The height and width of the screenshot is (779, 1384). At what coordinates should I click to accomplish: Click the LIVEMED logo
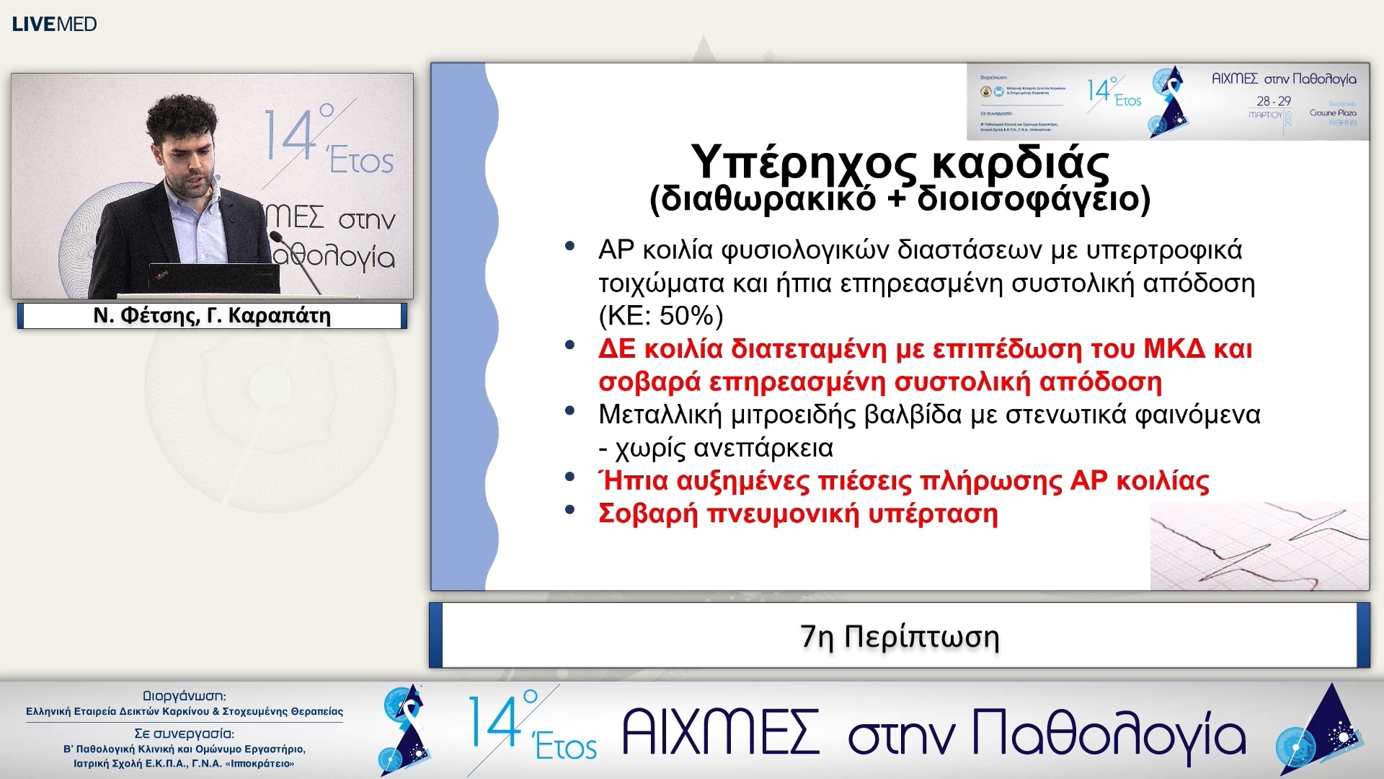point(54,24)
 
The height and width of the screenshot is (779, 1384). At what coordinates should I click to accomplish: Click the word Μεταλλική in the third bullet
point(659,415)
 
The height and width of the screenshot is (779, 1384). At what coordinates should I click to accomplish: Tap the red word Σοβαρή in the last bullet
point(648,514)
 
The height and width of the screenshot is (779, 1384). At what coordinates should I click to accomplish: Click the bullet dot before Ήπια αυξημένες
point(569,477)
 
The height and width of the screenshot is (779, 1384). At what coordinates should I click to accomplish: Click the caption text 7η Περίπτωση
point(900,637)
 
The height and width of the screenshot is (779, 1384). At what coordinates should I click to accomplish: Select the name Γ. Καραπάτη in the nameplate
point(269,315)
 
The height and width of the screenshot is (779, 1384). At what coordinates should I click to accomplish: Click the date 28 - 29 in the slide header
point(1274,101)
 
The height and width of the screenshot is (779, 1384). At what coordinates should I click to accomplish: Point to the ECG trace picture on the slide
point(1259,546)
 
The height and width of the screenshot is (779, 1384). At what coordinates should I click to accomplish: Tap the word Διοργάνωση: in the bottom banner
point(185,696)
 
